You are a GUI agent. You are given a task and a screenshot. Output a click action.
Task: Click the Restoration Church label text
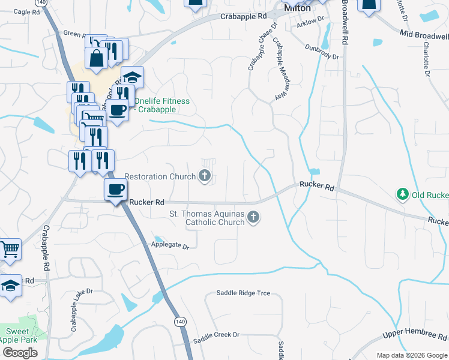coord(160,176)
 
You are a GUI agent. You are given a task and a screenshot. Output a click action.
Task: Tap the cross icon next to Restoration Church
coord(205,176)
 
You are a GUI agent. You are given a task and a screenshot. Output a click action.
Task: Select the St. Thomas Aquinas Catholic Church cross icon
coord(253,217)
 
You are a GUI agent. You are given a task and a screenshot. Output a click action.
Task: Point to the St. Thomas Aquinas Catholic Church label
coord(206,218)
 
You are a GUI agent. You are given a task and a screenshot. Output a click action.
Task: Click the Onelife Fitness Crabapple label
coord(161,106)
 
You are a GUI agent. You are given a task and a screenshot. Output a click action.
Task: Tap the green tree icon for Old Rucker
coord(402,194)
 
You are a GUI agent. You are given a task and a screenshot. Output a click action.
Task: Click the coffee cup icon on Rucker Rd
coord(116,190)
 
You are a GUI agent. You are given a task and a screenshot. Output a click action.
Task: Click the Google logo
coord(20,353)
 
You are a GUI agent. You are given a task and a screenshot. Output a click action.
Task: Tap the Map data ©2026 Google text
coord(411,355)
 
